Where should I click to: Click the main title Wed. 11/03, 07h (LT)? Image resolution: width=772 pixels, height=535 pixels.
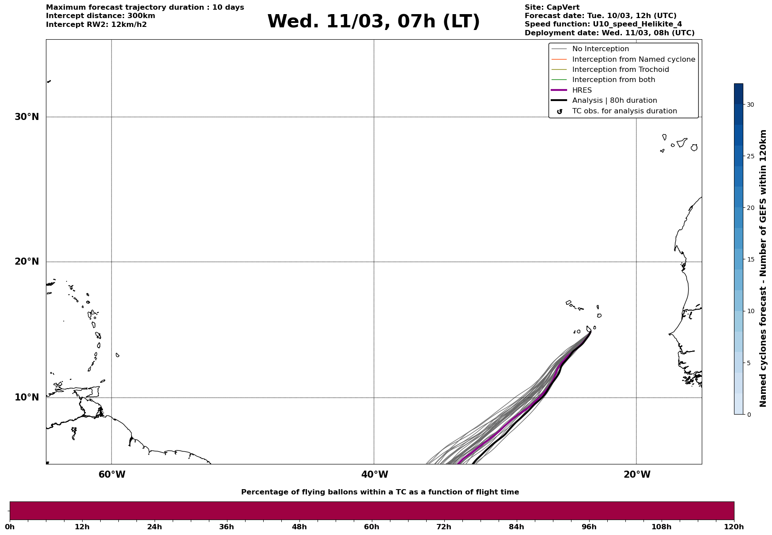pyautogui.click(x=373, y=22)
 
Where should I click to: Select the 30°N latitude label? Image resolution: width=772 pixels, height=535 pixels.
pyautogui.click(x=27, y=117)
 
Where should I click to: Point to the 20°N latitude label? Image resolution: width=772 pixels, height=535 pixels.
pyautogui.click(x=27, y=262)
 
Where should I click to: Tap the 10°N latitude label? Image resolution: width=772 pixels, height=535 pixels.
pyautogui.click(x=27, y=397)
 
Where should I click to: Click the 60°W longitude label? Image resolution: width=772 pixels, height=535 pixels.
pyautogui.click(x=112, y=475)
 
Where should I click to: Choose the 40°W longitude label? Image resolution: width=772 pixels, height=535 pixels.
pyautogui.click(x=375, y=475)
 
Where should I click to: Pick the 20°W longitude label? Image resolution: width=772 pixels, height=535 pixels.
pyautogui.click(x=637, y=475)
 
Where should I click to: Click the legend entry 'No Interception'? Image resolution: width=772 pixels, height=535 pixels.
pyautogui.click(x=600, y=49)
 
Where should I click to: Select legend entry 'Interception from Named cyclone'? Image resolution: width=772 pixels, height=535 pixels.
pyautogui.click(x=633, y=60)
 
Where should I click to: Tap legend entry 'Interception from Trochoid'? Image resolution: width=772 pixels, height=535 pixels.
pyautogui.click(x=620, y=70)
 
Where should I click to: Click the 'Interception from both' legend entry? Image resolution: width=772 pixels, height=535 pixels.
pyautogui.click(x=613, y=80)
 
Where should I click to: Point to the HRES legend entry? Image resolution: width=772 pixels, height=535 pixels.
pyautogui.click(x=582, y=90)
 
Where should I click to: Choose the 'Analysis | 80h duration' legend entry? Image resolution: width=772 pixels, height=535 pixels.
pyautogui.click(x=614, y=101)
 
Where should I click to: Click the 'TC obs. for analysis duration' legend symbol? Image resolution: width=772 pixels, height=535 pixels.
pyautogui.click(x=560, y=112)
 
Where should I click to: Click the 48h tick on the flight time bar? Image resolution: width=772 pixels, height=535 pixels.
pyautogui.click(x=299, y=527)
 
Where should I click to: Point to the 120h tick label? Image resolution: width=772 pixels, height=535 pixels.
pyautogui.click(x=734, y=527)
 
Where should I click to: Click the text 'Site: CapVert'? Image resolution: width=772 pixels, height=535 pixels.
pyautogui.click(x=552, y=7)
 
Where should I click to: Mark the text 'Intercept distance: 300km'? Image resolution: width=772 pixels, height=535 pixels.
pyautogui.click(x=100, y=16)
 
